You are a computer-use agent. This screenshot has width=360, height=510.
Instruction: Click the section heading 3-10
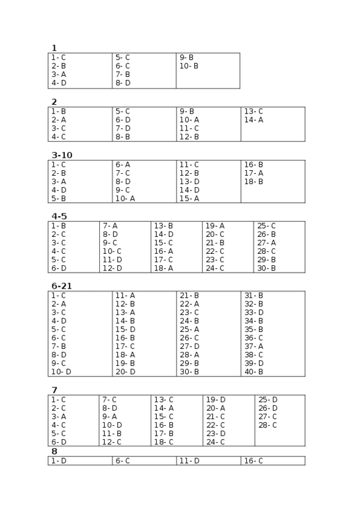(x=62, y=155)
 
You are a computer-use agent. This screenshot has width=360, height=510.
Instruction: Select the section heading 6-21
(x=62, y=286)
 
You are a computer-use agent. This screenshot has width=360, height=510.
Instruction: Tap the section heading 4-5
(x=59, y=216)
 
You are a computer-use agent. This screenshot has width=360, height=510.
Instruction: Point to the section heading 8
(x=54, y=451)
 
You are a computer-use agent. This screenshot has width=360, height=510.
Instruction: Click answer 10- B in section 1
(x=188, y=66)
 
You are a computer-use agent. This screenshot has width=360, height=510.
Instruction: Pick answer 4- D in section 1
(x=59, y=83)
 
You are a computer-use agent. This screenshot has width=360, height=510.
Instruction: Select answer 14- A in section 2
(x=253, y=120)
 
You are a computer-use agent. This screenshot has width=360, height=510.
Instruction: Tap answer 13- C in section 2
(x=253, y=111)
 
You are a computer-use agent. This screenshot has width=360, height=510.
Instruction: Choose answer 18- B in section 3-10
(x=253, y=182)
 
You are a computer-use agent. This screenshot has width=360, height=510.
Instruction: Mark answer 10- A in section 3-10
(x=125, y=198)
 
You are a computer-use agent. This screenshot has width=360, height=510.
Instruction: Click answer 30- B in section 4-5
(x=266, y=268)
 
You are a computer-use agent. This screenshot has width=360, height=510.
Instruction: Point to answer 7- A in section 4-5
(x=110, y=226)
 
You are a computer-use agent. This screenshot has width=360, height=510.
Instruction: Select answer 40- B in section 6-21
(x=253, y=372)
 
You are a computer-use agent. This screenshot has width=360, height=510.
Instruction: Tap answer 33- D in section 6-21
(x=254, y=313)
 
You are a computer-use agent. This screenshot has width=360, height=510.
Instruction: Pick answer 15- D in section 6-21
(x=125, y=330)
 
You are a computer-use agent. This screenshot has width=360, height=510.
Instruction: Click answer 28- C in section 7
(x=267, y=425)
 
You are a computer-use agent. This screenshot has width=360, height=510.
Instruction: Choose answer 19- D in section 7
(x=215, y=400)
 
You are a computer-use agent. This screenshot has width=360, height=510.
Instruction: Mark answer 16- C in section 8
(x=253, y=461)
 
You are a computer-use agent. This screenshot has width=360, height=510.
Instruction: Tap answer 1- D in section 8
(x=59, y=461)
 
